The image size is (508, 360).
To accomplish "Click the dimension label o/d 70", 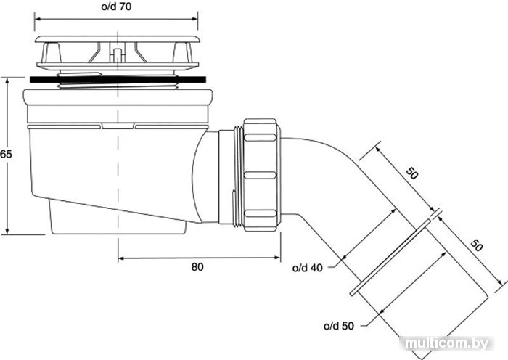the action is [x=116, y=7].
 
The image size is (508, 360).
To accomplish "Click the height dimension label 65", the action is [x=6, y=154].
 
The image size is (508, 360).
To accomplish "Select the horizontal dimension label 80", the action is [x=197, y=267].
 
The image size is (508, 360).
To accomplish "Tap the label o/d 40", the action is [x=308, y=268].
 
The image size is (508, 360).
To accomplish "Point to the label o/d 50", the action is [x=339, y=326].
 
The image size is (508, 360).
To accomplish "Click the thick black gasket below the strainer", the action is [x=118, y=80].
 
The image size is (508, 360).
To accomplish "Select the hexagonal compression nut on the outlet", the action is [x=262, y=175].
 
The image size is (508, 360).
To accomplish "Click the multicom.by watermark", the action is [x=447, y=343].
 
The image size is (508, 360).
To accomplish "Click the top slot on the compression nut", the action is [x=260, y=137].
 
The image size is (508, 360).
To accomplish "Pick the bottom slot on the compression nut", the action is [x=260, y=213].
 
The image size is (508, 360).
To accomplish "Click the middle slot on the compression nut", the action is [x=260, y=176].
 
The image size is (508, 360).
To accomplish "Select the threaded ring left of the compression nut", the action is [x=239, y=176].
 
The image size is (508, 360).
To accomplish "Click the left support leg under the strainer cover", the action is [x=51, y=53].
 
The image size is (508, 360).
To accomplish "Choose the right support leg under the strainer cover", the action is [x=182, y=53].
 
